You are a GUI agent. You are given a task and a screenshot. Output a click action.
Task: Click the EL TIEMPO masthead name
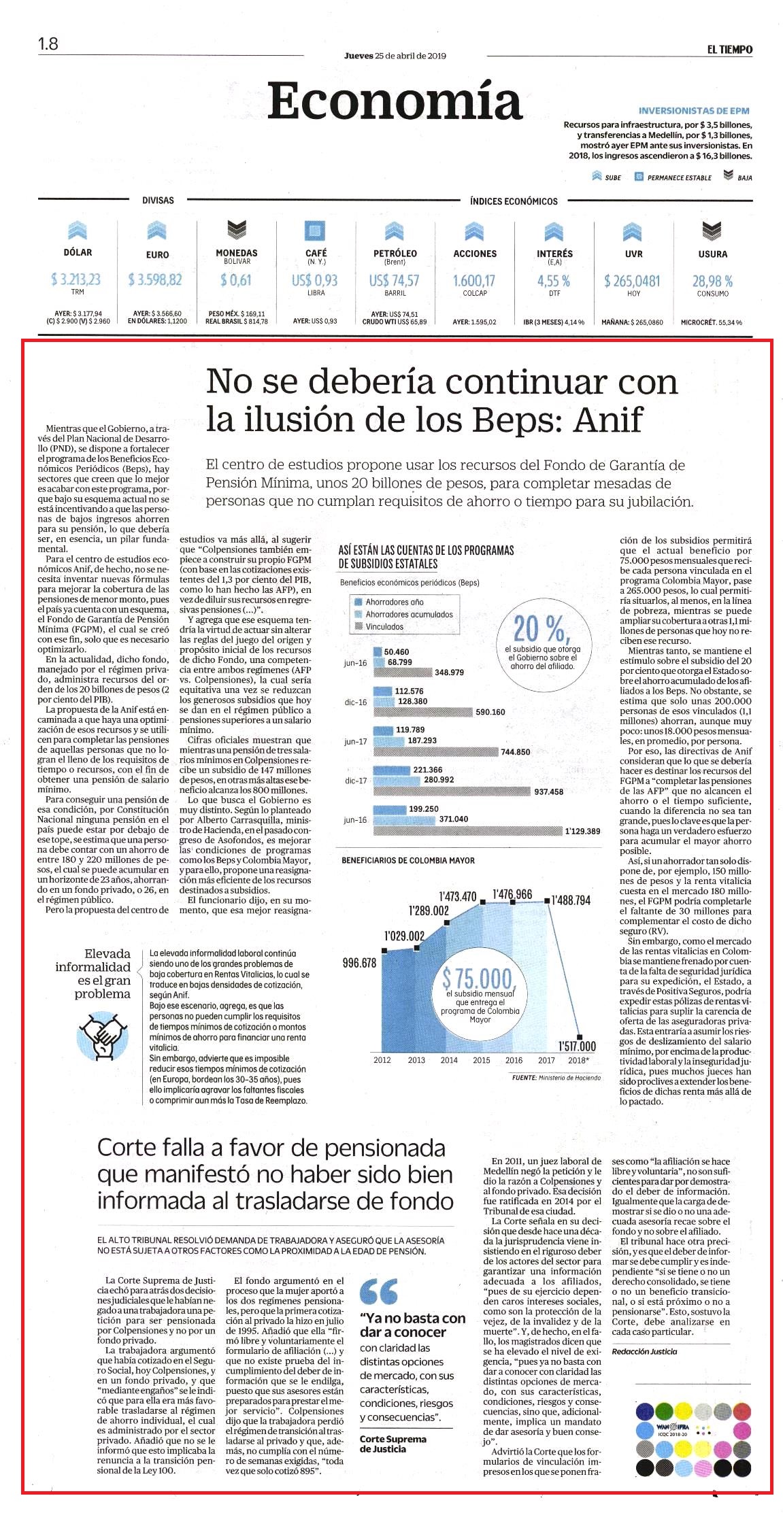click(x=729, y=49)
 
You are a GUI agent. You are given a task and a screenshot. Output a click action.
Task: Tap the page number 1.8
click(x=48, y=44)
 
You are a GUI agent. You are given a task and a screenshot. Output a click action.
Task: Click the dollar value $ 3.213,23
click(x=76, y=279)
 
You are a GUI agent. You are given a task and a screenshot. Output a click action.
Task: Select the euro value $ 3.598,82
click(x=155, y=279)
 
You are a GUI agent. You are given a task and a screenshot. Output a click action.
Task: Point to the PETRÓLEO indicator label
click(x=395, y=253)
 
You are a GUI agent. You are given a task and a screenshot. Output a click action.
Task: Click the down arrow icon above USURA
click(x=712, y=231)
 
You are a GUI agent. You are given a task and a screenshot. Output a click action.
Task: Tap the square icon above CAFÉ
click(x=316, y=230)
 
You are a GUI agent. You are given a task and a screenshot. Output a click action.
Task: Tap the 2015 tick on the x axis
click(x=482, y=1060)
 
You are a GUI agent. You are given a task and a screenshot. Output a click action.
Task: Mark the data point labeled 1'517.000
click(x=580, y=1036)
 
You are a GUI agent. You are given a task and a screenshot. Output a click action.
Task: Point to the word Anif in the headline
click(x=608, y=420)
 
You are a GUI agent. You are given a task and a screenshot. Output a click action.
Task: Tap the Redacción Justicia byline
click(x=644, y=1352)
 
